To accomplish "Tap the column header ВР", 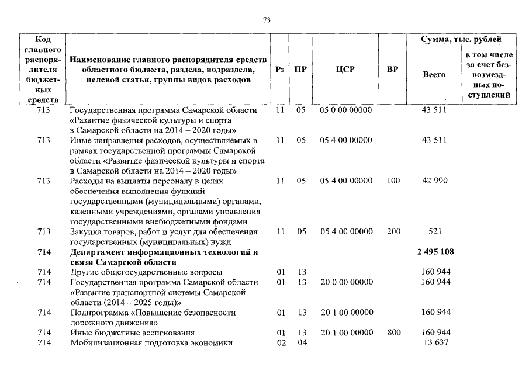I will pyautogui.click(x=393, y=70).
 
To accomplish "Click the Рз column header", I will pyautogui.click(x=279, y=70).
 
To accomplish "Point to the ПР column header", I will pyautogui.click(x=300, y=70).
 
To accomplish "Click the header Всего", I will pyautogui.click(x=434, y=75).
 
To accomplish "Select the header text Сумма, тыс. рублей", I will pyautogui.click(x=461, y=40).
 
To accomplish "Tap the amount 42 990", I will pyautogui.click(x=434, y=181).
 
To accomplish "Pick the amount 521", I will pyautogui.click(x=434, y=231).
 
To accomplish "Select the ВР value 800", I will pyautogui.click(x=393, y=333).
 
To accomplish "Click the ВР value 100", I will pyautogui.click(x=393, y=181).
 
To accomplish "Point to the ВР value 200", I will pyautogui.click(x=393, y=231).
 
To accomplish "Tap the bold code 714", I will pyautogui.click(x=43, y=252).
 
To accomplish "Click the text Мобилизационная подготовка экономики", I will pyautogui.click(x=151, y=342).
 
